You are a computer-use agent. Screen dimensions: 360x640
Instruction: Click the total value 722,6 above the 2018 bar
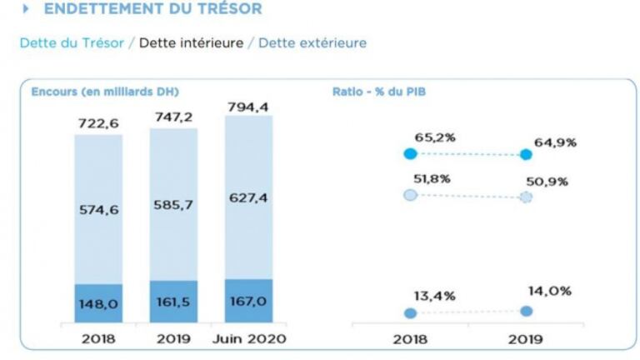[98, 123]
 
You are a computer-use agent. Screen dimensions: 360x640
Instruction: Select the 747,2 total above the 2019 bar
[173, 117]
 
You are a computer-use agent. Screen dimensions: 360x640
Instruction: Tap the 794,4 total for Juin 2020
[248, 107]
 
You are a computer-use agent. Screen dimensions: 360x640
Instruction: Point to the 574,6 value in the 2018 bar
[98, 210]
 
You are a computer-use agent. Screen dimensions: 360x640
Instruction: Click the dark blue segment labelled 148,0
[98, 305]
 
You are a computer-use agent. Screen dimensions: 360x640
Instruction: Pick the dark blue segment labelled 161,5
[173, 302]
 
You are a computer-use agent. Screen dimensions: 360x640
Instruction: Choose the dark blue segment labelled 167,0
[248, 301]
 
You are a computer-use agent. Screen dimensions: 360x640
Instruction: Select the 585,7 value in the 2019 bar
[173, 204]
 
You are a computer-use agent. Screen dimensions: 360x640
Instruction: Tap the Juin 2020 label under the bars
[249, 339]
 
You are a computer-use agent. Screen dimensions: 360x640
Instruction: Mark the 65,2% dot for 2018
[409, 153]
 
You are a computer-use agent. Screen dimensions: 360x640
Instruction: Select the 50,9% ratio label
[547, 182]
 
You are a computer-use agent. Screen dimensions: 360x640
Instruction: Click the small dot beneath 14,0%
[526, 311]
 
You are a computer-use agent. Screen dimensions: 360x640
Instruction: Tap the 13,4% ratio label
[435, 296]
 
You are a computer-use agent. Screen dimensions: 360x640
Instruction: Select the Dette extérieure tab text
[312, 43]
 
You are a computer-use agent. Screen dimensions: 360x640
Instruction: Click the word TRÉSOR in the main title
[226, 9]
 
